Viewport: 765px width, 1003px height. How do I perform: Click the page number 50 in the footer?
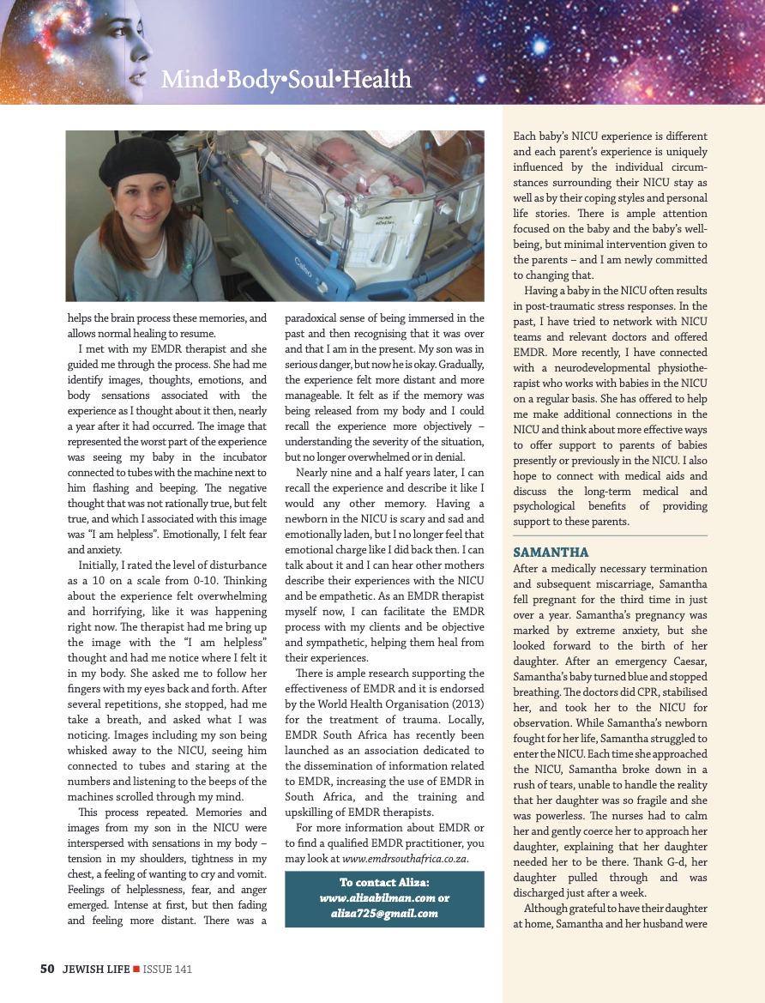(x=47, y=969)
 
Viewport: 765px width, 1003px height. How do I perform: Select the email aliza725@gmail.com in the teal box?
(x=384, y=913)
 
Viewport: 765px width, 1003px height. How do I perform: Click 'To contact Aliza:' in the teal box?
(x=384, y=883)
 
